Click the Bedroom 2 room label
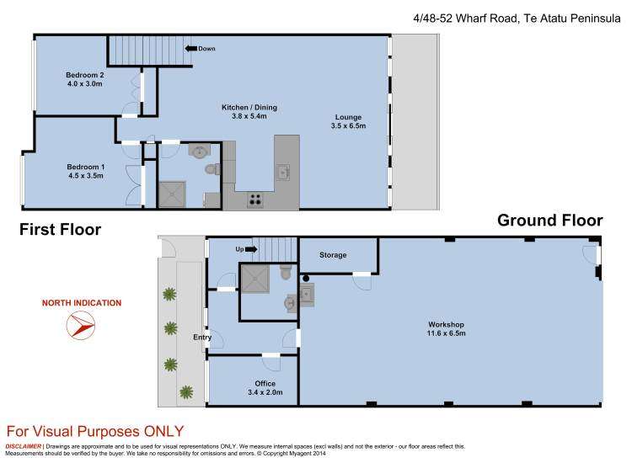point(83,75)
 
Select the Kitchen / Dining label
point(249,107)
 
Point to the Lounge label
point(347,117)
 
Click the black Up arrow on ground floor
point(251,249)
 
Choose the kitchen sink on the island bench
point(283,172)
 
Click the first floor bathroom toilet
point(211,169)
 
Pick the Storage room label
point(332,255)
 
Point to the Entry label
point(202,337)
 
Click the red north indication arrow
point(80,325)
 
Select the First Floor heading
point(61,230)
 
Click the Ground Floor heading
point(549,221)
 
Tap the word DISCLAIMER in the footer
point(24,446)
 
